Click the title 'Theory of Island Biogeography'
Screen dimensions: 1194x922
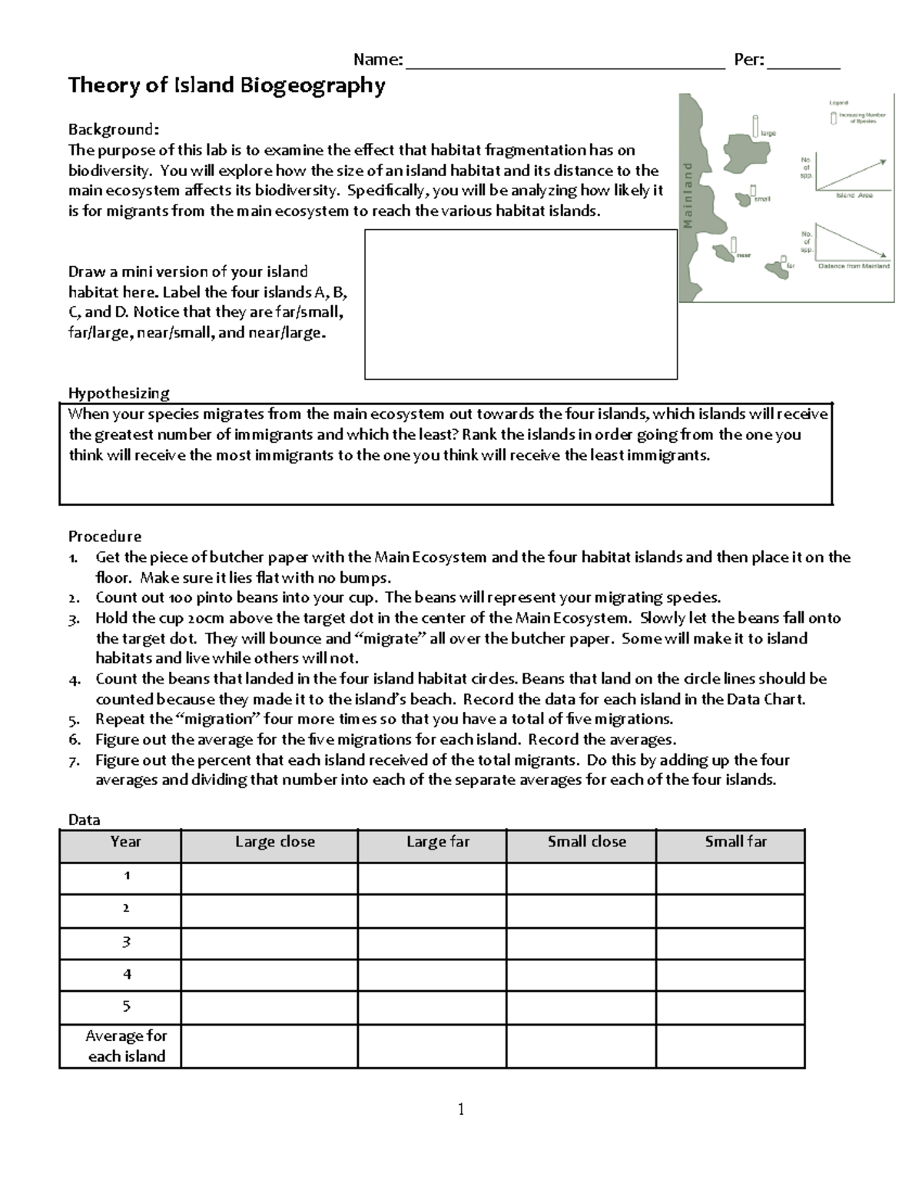coord(226,85)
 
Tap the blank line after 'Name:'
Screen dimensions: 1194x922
coord(565,62)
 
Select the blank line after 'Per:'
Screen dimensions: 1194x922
coord(804,62)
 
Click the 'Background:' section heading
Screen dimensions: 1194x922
coord(114,128)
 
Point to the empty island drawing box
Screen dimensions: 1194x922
coord(520,304)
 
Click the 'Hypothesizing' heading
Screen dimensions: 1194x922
coord(118,393)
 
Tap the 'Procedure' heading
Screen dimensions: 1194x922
coord(104,536)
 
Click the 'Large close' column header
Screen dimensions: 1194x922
coord(274,842)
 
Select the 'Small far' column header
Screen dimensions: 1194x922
coord(735,842)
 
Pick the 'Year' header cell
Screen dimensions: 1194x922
coord(125,842)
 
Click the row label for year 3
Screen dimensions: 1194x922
coord(126,942)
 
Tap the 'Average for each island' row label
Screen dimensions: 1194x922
coord(126,1046)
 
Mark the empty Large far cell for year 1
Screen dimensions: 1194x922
coord(432,877)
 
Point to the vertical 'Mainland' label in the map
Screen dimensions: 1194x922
coord(688,196)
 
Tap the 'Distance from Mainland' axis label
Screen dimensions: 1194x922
coord(853,266)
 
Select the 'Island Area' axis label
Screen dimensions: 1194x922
coord(854,196)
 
